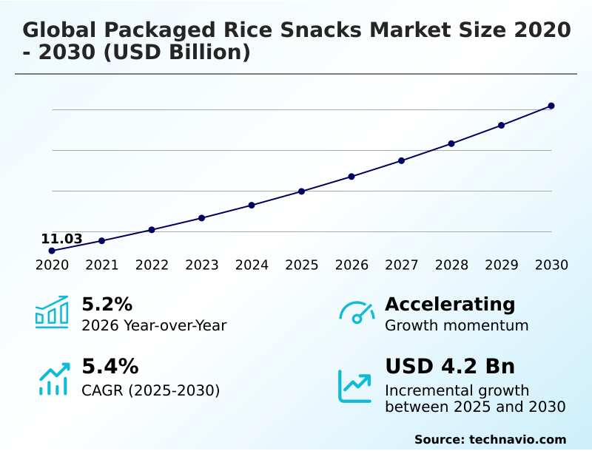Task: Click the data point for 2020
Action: point(52,251)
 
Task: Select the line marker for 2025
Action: point(302,191)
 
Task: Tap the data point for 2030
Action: point(551,106)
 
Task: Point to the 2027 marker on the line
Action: point(401,160)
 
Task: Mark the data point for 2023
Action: point(201,218)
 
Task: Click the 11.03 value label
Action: point(61,239)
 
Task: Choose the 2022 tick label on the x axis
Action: point(152,265)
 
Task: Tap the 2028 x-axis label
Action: point(451,265)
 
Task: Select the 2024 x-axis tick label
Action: point(252,265)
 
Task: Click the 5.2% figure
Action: point(107,304)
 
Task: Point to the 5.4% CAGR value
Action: point(110,366)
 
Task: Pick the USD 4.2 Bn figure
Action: point(450,366)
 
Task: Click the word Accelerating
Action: point(450,304)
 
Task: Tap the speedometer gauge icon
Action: point(357,312)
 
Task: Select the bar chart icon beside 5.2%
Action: point(52,312)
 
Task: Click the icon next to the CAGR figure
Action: point(53,379)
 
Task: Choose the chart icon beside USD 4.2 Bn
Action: point(355,385)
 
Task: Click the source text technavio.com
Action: point(517,439)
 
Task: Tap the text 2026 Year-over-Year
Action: point(154,325)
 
